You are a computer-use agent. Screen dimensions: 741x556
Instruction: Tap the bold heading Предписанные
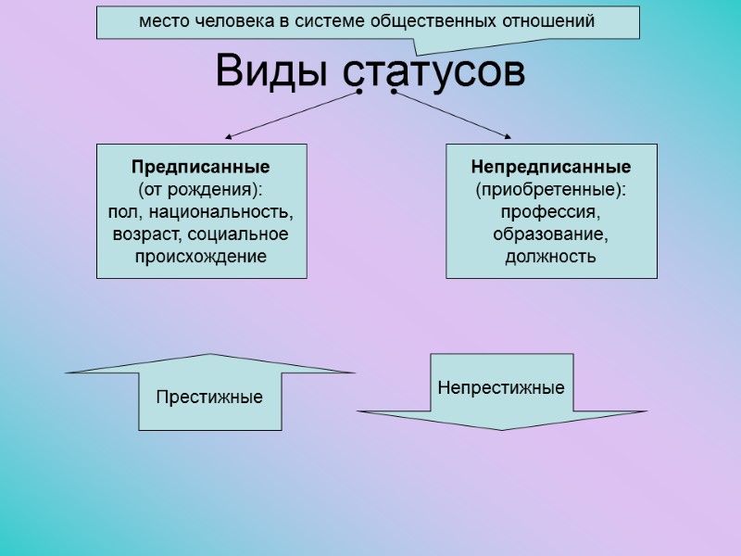coord(200,168)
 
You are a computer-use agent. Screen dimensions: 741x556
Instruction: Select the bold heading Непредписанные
coord(551,168)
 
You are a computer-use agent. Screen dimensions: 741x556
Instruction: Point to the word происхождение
coord(201,256)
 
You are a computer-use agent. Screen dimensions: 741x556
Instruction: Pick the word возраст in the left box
coord(142,234)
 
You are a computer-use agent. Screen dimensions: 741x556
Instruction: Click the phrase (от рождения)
coord(201,190)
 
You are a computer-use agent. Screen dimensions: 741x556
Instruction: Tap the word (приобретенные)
coord(551,190)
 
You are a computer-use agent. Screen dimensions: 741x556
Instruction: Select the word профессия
coord(551,212)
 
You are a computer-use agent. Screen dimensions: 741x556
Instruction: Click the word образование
coord(551,234)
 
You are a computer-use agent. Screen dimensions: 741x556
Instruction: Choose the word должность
coord(551,256)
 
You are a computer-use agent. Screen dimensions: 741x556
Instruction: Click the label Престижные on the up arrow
coord(209,397)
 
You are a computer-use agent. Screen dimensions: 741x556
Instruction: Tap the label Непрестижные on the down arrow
coord(501,387)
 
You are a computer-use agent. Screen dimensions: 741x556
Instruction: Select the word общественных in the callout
coord(446,20)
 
